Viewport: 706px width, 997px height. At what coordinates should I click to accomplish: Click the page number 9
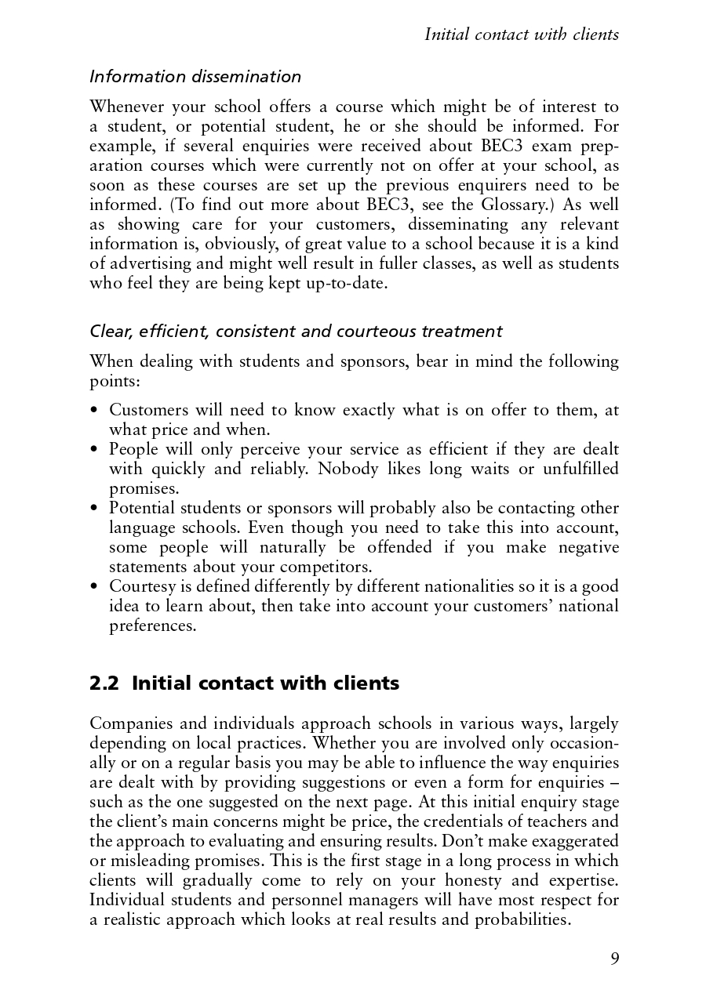pyautogui.click(x=614, y=959)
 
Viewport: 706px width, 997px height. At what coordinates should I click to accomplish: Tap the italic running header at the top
pyautogui.click(x=521, y=34)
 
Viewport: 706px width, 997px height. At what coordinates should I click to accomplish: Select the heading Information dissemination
pyautogui.click(x=195, y=77)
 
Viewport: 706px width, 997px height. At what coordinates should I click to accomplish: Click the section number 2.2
pyautogui.click(x=104, y=683)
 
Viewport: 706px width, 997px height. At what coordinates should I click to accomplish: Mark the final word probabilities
pyautogui.click(x=522, y=919)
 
